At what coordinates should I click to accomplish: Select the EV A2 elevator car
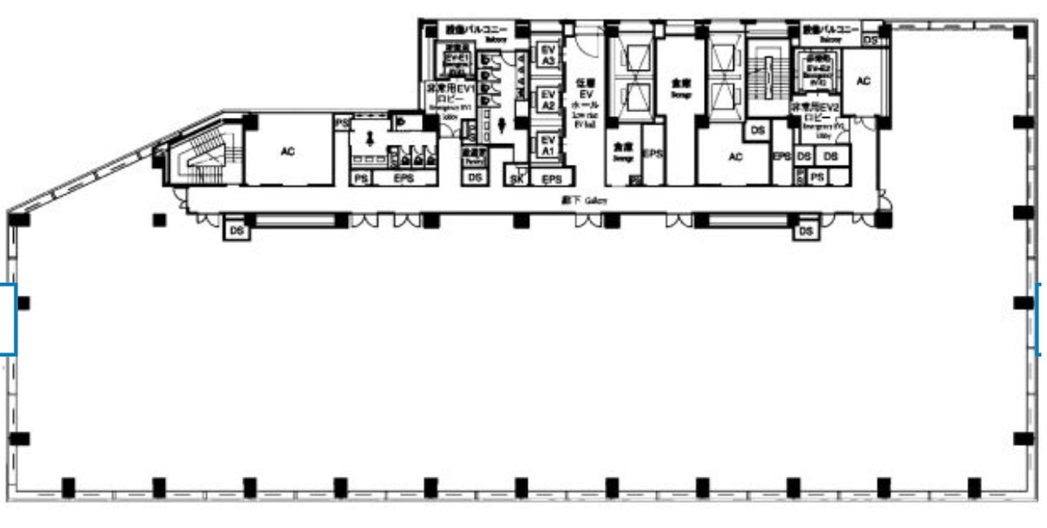548,99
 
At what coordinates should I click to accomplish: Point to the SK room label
517,180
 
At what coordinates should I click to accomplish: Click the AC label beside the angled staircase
287,151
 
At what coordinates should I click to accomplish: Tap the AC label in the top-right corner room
863,81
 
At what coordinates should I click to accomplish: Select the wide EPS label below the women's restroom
403,178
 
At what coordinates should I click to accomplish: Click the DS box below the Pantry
474,177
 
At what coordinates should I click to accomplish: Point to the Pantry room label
474,154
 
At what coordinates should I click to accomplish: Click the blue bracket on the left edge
8,319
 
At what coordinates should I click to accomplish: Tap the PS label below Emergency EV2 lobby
816,177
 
